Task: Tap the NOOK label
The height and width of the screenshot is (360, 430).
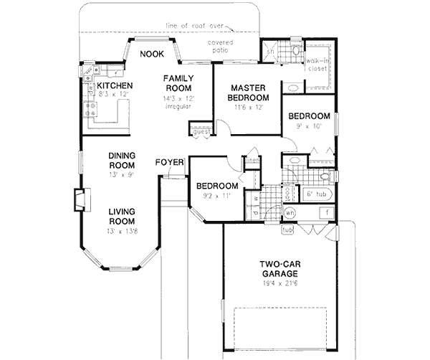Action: coord(151,54)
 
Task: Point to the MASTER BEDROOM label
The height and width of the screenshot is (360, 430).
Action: coord(249,93)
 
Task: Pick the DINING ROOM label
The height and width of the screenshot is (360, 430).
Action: coord(122,161)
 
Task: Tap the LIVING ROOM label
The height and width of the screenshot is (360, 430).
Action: coord(122,217)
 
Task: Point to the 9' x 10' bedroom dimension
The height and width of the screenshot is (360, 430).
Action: coord(309,127)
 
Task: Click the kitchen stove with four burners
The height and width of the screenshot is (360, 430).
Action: coord(92,110)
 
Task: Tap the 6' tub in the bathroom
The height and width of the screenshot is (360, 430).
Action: coord(316,194)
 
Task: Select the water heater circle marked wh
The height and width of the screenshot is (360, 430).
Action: coord(290,213)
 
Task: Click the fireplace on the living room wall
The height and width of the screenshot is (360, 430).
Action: coord(80,200)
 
